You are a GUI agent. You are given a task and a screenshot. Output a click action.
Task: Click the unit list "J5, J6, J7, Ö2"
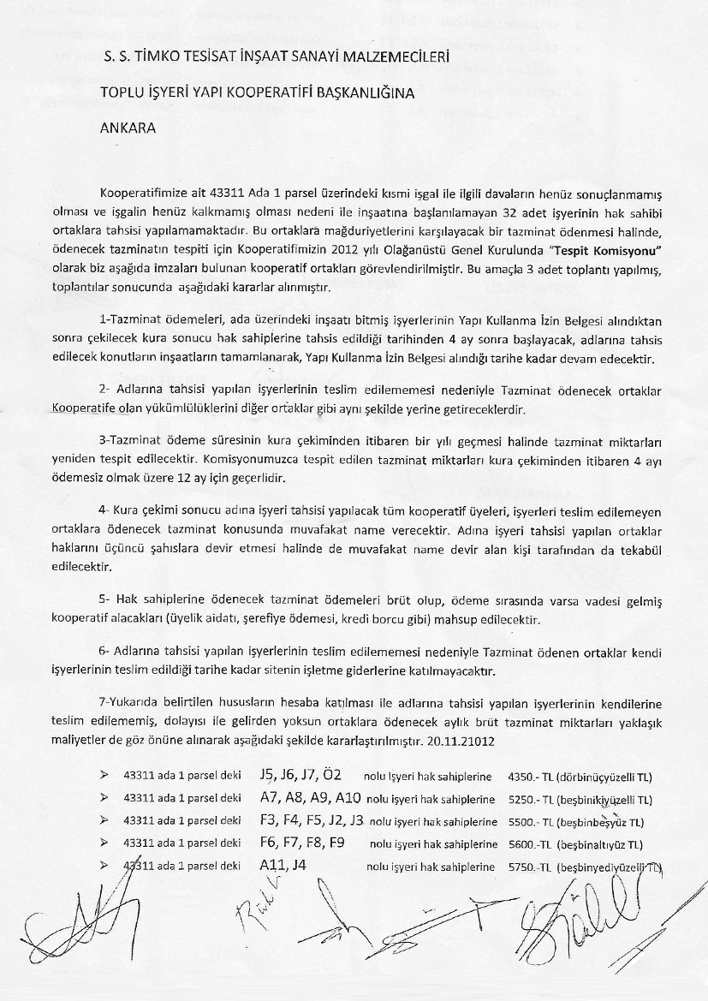300,775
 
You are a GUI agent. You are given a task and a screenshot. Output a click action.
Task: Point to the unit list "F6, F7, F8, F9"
301,842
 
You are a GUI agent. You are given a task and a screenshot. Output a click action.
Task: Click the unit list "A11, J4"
283,865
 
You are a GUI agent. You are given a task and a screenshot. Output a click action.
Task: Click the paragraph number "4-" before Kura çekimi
104,509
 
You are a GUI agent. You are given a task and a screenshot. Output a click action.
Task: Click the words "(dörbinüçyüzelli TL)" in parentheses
604,777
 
